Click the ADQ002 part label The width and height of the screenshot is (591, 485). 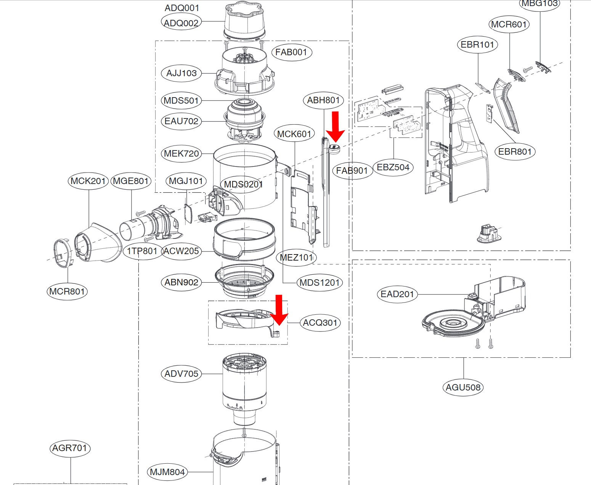pyautogui.click(x=181, y=23)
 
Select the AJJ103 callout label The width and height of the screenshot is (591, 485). pyautogui.click(x=181, y=73)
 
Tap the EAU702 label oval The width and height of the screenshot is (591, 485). pyautogui.click(x=181, y=121)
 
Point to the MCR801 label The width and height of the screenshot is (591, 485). pyautogui.click(x=67, y=291)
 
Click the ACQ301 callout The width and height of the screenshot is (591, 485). pyautogui.click(x=320, y=323)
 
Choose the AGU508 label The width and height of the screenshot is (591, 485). pyautogui.click(x=463, y=387)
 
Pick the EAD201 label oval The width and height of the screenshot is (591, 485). pyautogui.click(x=397, y=294)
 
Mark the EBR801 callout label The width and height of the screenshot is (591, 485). pyautogui.click(x=515, y=152)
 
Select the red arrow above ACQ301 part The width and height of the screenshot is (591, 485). pyautogui.click(x=279, y=309)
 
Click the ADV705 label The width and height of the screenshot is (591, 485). pyautogui.click(x=181, y=374)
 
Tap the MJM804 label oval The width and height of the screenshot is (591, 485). pyautogui.click(x=167, y=472)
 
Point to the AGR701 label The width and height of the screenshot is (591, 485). pyautogui.click(x=70, y=448)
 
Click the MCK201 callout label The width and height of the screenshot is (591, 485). pyautogui.click(x=88, y=181)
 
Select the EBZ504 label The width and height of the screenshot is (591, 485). pyautogui.click(x=393, y=167)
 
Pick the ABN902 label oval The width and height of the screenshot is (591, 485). pyautogui.click(x=181, y=282)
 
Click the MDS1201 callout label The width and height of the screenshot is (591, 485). pyautogui.click(x=320, y=283)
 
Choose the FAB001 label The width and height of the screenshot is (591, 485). pyautogui.click(x=291, y=52)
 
